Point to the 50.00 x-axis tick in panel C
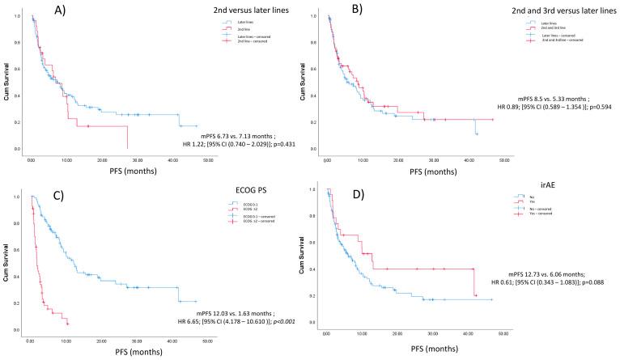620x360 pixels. coord(207,341)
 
